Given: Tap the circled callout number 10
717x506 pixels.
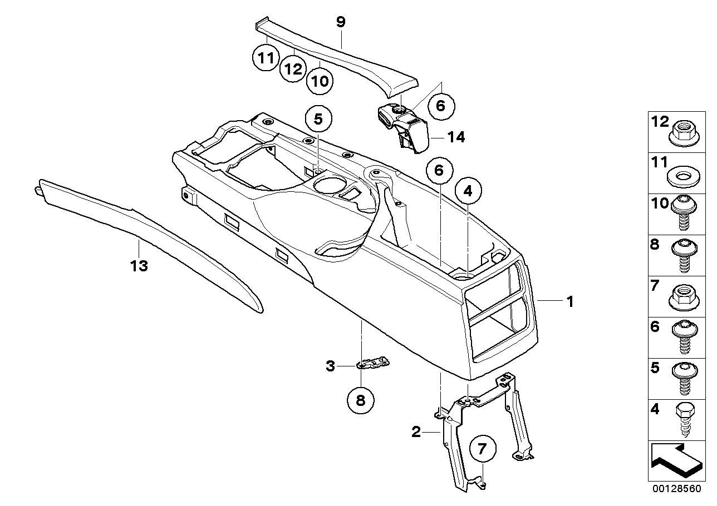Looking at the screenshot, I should pyautogui.click(x=320, y=81).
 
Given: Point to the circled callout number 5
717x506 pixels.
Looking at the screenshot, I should pyautogui.click(x=318, y=118).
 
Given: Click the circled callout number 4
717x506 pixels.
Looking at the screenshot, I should pyautogui.click(x=468, y=191).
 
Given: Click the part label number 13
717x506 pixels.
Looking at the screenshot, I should pyautogui.click(x=139, y=266).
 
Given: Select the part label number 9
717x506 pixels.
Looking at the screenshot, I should pyautogui.click(x=341, y=22).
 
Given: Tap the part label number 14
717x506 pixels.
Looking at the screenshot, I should pyautogui.click(x=456, y=137).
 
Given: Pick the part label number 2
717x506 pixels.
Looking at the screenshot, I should pyautogui.click(x=416, y=431).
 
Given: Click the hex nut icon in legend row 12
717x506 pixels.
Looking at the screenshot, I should pyautogui.click(x=682, y=131).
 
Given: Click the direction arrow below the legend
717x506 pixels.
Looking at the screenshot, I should pyautogui.click(x=674, y=460).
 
